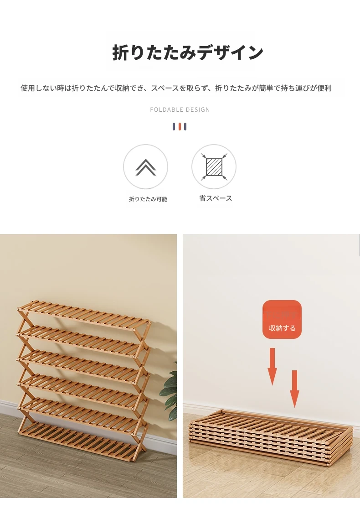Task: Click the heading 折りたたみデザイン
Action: click(188, 52)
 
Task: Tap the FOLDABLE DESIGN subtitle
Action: click(180, 110)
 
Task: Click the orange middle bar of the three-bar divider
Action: click(180, 126)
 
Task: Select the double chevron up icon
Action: click(146, 167)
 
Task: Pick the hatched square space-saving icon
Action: click(214, 167)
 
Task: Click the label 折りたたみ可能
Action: click(148, 199)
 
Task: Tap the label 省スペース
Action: click(216, 198)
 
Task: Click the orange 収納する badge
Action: click(282, 319)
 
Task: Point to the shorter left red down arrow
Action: click(272, 367)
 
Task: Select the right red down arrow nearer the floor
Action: click(294, 389)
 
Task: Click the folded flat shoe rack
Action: click(271, 436)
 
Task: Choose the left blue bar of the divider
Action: click(174, 126)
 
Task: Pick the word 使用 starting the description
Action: click(27, 88)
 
